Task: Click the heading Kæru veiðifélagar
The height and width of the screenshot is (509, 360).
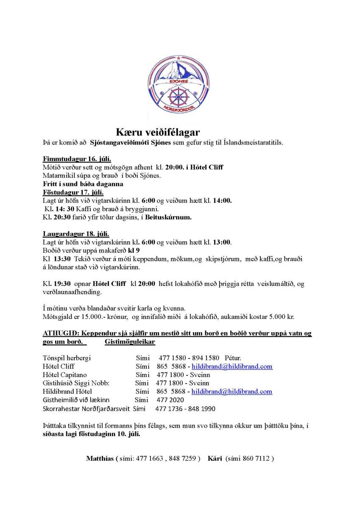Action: [x=158, y=132]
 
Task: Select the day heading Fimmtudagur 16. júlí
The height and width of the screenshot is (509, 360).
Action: [x=77, y=159]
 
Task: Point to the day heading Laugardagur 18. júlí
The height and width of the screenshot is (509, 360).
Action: [x=76, y=234]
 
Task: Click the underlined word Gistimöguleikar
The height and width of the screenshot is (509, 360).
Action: [x=129, y=341]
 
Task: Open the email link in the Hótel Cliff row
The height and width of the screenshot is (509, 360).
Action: [x=232, y=366]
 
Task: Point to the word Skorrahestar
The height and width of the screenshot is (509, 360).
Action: [x=62, y=408]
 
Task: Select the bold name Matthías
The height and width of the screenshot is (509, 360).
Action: [x=100, y=458]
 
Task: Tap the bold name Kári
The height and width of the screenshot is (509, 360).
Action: [x=215, y=458]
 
